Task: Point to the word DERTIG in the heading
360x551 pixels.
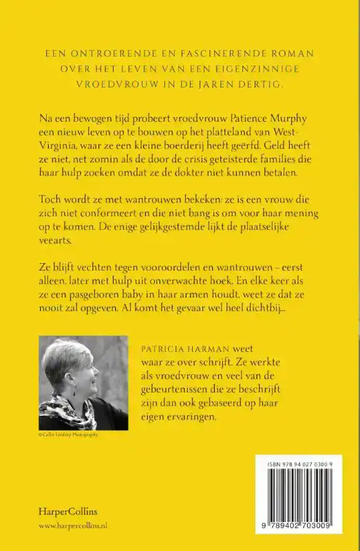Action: pos(275,85)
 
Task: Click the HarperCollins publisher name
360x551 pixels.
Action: pos(68,511)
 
